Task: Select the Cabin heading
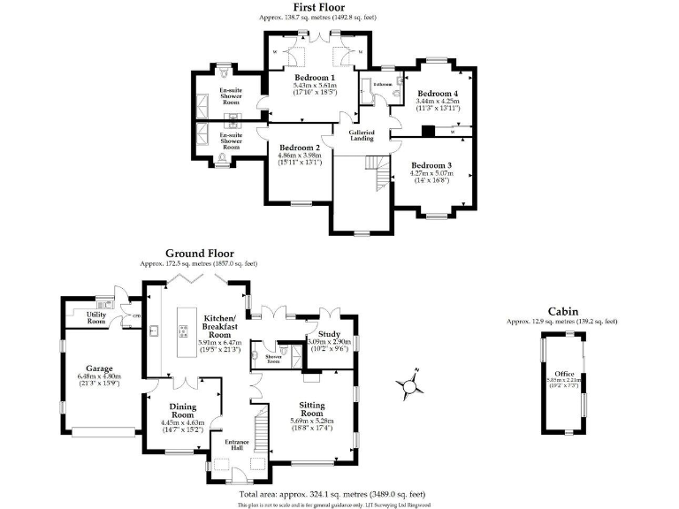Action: click(563, 311)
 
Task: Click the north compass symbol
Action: click(408, 384)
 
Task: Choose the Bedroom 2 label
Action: click(299, 148)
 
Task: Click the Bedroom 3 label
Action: click(431, 165)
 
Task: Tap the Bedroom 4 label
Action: click(438, 94)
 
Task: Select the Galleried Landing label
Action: click(362, 135)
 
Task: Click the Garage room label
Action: click(99, 368)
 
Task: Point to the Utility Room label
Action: click(96, 317)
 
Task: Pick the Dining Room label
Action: click(183, 411)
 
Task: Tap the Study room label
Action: click(317, 334)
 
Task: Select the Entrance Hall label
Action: click(235, 444)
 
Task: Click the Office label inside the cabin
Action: click(563, 374)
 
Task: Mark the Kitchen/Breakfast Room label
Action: click(218, 321)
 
